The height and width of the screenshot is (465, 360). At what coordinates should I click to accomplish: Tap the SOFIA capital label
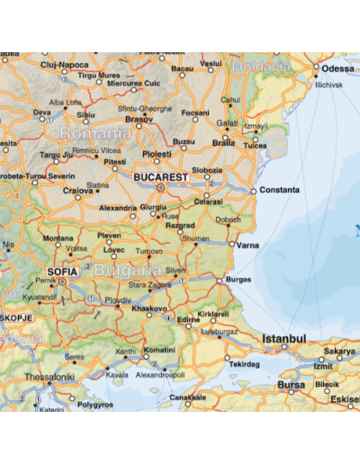[61, 270]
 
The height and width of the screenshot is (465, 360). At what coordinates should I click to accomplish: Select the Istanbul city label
[284, 339]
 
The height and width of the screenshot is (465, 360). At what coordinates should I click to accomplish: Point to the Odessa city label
[338, 68]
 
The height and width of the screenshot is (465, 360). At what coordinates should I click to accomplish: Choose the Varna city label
[249, 244]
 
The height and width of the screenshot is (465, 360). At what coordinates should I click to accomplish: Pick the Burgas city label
[239, 281]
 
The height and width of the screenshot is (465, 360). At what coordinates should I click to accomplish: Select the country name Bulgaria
[126, 270]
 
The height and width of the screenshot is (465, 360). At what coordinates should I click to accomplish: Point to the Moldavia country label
[261, 67]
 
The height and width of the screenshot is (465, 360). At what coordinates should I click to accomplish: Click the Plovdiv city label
[118, 299]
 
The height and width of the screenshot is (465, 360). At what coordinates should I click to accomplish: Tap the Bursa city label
[291, 385]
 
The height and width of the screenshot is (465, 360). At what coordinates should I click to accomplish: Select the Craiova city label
[79, 192]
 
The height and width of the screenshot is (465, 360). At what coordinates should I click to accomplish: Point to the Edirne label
[188, 320]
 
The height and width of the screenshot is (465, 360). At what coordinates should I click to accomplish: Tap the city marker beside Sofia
[63, 281]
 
